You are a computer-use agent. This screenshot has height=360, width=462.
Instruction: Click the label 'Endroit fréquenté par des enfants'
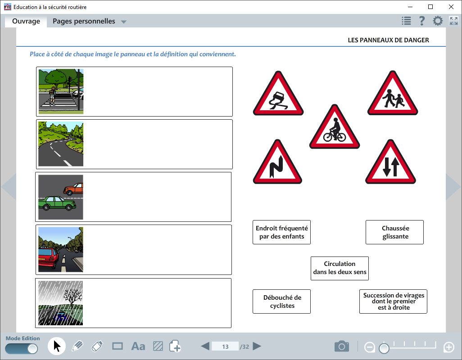pyautogui.click(x=281, y=232)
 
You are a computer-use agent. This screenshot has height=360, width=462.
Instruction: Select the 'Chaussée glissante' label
pyautogui.click(x=394, y=232)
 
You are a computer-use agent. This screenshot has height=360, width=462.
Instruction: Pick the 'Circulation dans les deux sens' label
pyautogui.click(x=340, y=268)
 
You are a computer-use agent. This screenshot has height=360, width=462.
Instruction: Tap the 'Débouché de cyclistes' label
pyautogui.click(x=281, y=301)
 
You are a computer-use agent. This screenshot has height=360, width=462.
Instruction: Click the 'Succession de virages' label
pyautogui.click(x=393, y=301)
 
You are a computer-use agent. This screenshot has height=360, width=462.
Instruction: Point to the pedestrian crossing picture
pyautogui.click(x=61, y=91)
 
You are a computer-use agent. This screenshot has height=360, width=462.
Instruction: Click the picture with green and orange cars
pyautogui.click(x=61, y=197)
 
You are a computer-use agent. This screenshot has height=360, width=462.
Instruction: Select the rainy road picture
pyautogui.click(x=61, y=303)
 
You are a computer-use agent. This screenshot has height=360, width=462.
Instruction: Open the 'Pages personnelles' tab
pyautogui.click(x=84, y=21)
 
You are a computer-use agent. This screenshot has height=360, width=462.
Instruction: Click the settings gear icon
pyautogui.click(x=438, y=21)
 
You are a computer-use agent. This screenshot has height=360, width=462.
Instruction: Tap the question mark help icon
pyautogui.click(x=422, y=21)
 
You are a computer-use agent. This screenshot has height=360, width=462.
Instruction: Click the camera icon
pyautogui.click(x=342, y=346)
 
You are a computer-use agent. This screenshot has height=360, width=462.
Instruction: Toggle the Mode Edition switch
pyautogui.click(x=22, y=349)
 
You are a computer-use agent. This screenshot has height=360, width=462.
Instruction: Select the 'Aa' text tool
pyautogui.click(x=138, y=346)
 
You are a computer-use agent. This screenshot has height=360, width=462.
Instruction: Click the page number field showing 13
pyautogui.click(x=225, y=346)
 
